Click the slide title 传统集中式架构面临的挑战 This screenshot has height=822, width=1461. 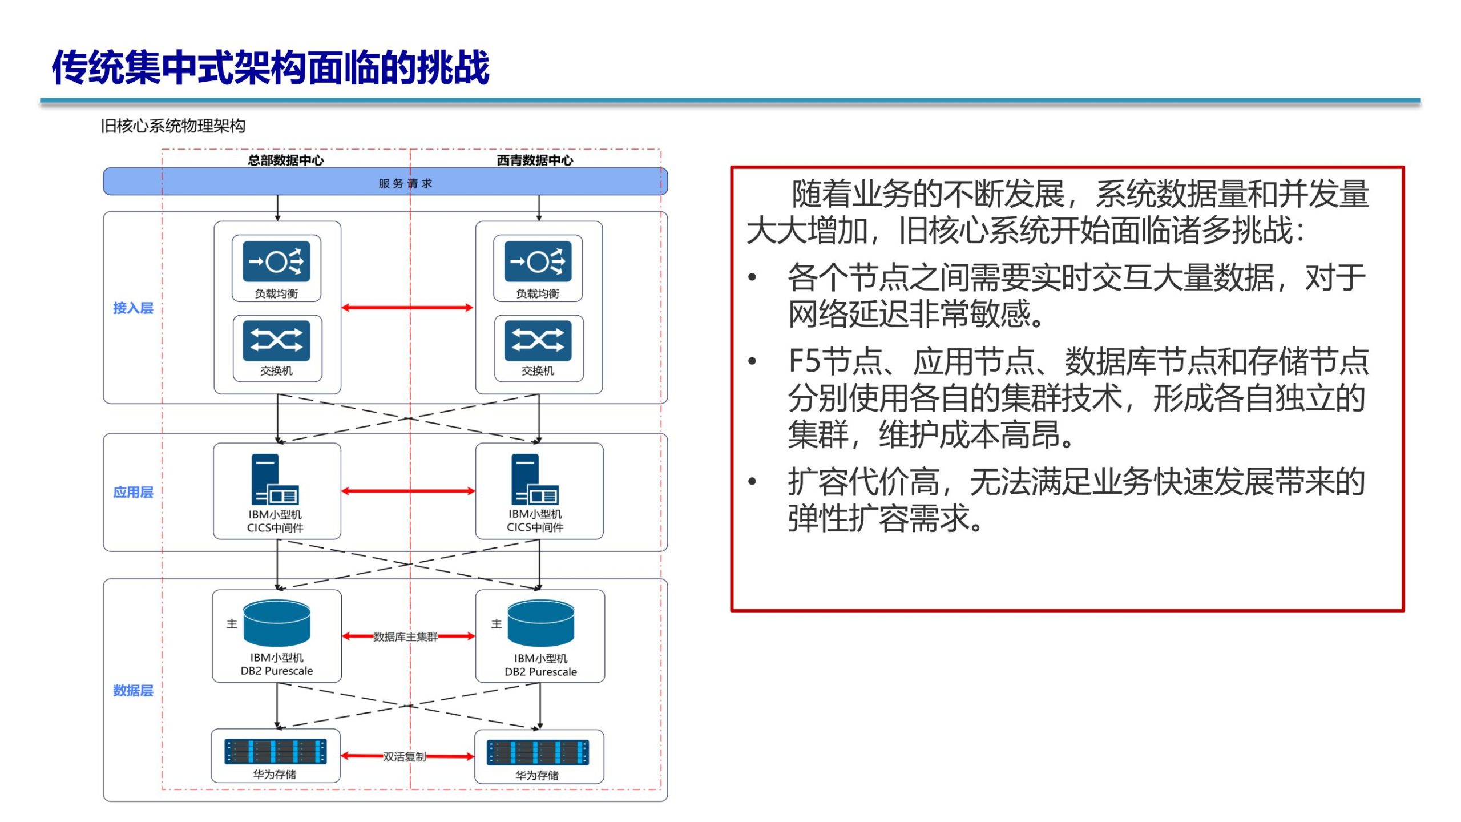(x=271, y=67)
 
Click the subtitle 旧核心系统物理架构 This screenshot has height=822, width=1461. (x=173, y=126)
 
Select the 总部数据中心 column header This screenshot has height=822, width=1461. (x=285, y=160)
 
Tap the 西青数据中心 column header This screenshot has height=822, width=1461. (x=535, y=160)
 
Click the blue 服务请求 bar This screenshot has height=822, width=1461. (x=385, y=182)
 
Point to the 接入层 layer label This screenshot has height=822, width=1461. (x=133, y=308)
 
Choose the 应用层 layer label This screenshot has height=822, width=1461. (x=133, y=492)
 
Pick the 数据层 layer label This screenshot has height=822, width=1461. (x=133, y=691)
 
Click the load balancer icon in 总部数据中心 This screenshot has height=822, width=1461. (x=276, y=261)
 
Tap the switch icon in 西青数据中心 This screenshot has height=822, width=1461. (x=538, y=341)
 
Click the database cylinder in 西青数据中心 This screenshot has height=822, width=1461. (x=540, y=623)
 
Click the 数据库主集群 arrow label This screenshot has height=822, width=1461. (x=406, y=636)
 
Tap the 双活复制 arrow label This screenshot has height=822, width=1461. (x=404, y=757)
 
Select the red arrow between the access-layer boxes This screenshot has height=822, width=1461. (x=407, y=308)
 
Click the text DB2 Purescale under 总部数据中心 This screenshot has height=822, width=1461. (x=277, y=671)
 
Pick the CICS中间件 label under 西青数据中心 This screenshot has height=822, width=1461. (x=535, y=527)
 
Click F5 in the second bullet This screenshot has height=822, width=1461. (x=804, y=361)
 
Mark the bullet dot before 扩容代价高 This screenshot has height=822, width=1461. (x=752, y=481)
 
